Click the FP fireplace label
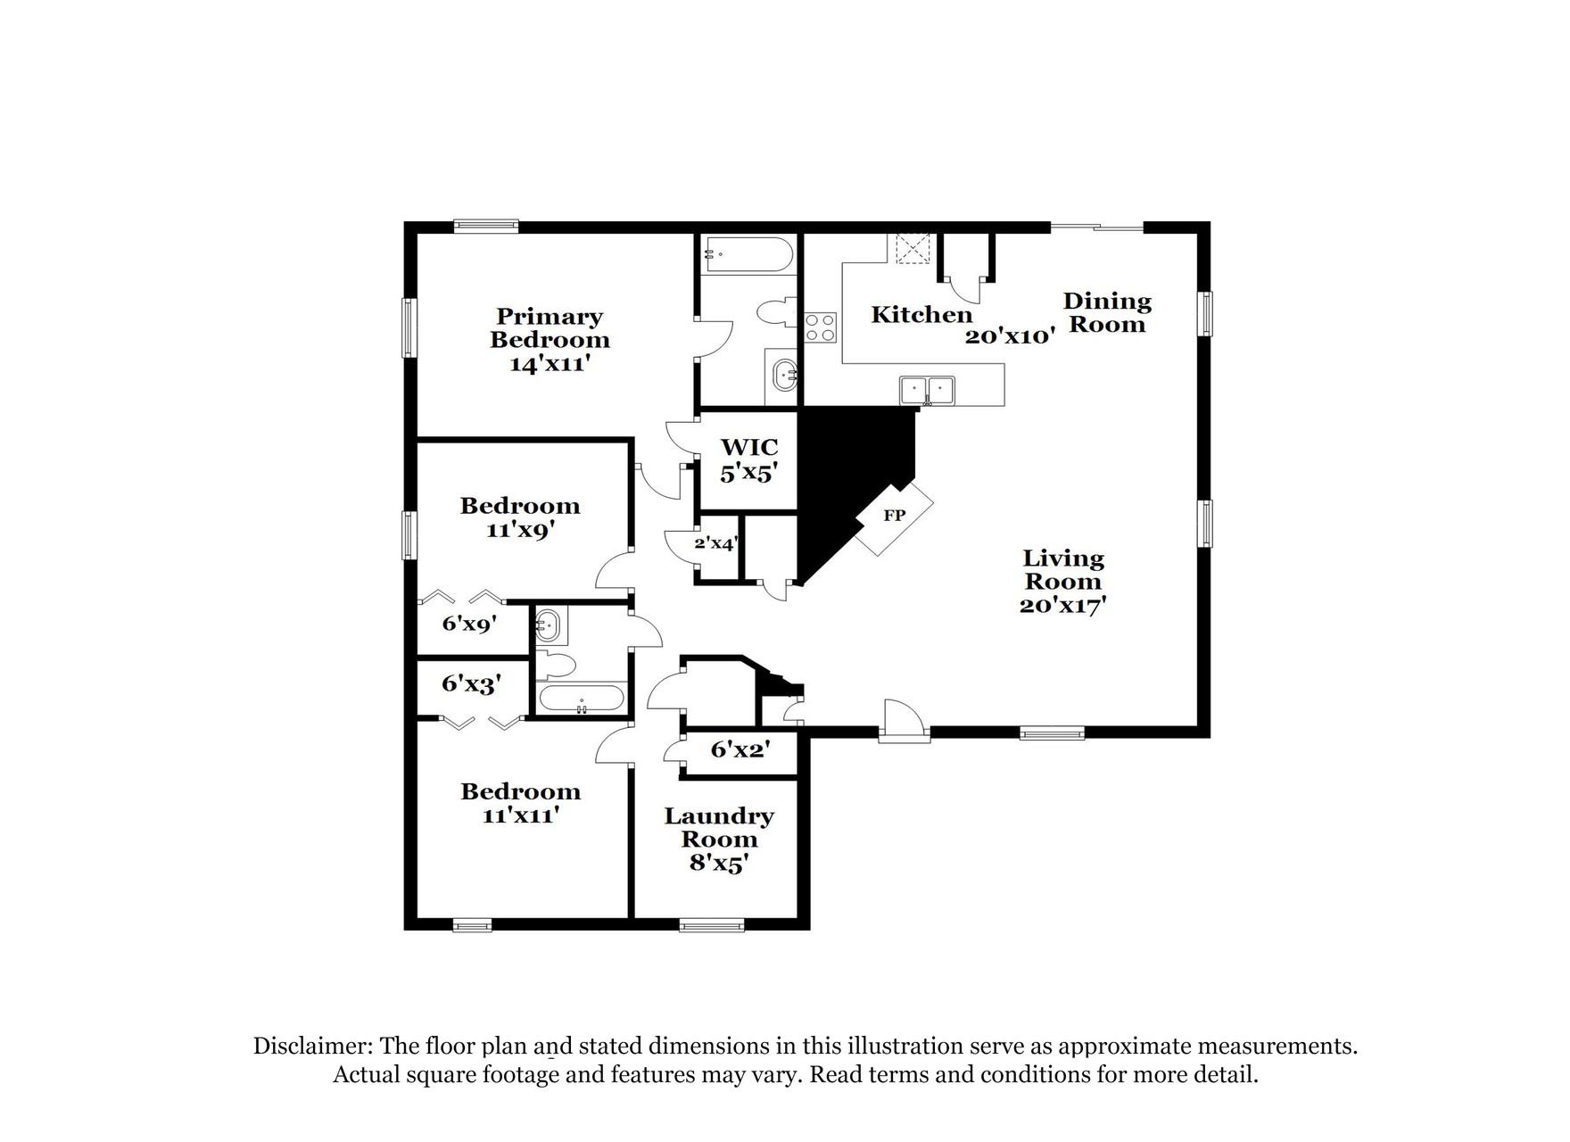tap(894, 516)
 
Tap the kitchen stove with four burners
tap(821, 327)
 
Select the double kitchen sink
tap(927, 390)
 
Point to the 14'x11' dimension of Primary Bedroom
tap(550, 364)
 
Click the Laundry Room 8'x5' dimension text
tap(718, 864)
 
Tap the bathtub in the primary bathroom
tap(748, 254)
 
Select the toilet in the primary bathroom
tap(774, 312)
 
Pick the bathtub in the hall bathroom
tap(582, 699)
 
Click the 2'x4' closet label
tap(715, 542)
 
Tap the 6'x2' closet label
tap(740, 749)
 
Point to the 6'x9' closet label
tap(468, 624)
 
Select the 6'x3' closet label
tap(470, 684)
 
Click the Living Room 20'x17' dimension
tap(1062, 605)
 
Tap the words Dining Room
tap(1107, 312)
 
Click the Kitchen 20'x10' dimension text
tap(1010, 336)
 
